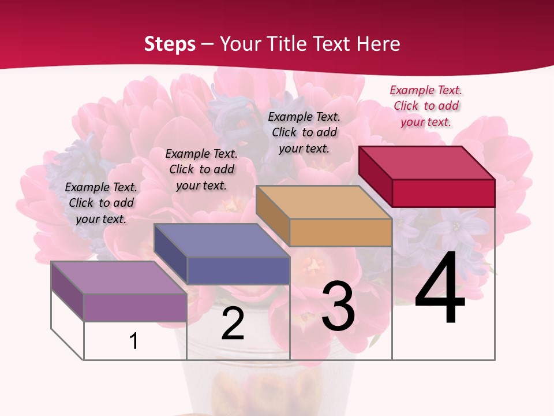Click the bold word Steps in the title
(x=170, y=44)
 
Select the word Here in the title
(x=378, y=44)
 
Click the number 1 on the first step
(x=134, y=341)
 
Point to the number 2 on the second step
(x=233, y=324)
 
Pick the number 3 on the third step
(x=338, y=306)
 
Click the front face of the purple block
(x=135, y=307)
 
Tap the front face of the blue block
(x=238, y=270)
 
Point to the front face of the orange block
(x=340, y=232)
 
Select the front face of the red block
(x=443, y=193)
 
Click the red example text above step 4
(x=426, y=106)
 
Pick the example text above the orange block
(x=304, y=132)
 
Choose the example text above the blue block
(x=201, y=169)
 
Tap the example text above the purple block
(x=101, y=203)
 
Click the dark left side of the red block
(x=375, y=176)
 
